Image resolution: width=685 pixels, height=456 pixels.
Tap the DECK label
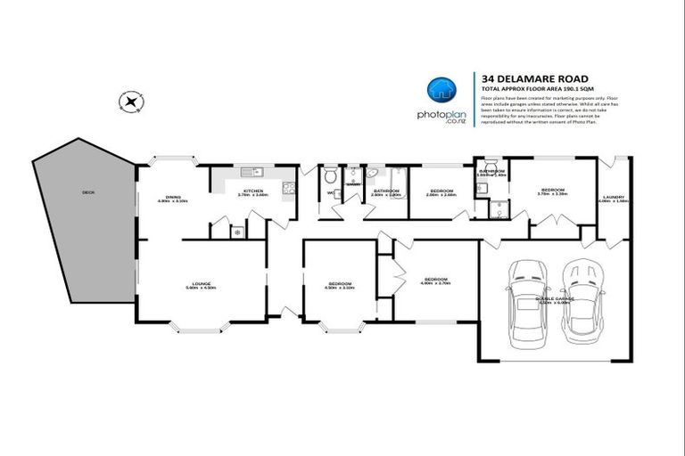[87, 191]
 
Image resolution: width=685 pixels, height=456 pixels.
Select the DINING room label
[173, 199]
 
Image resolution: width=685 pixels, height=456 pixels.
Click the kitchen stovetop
[289, 187]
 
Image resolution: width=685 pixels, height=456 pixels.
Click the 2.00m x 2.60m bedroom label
[441, 191]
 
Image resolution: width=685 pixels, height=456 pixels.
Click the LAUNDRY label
[614, 199]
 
